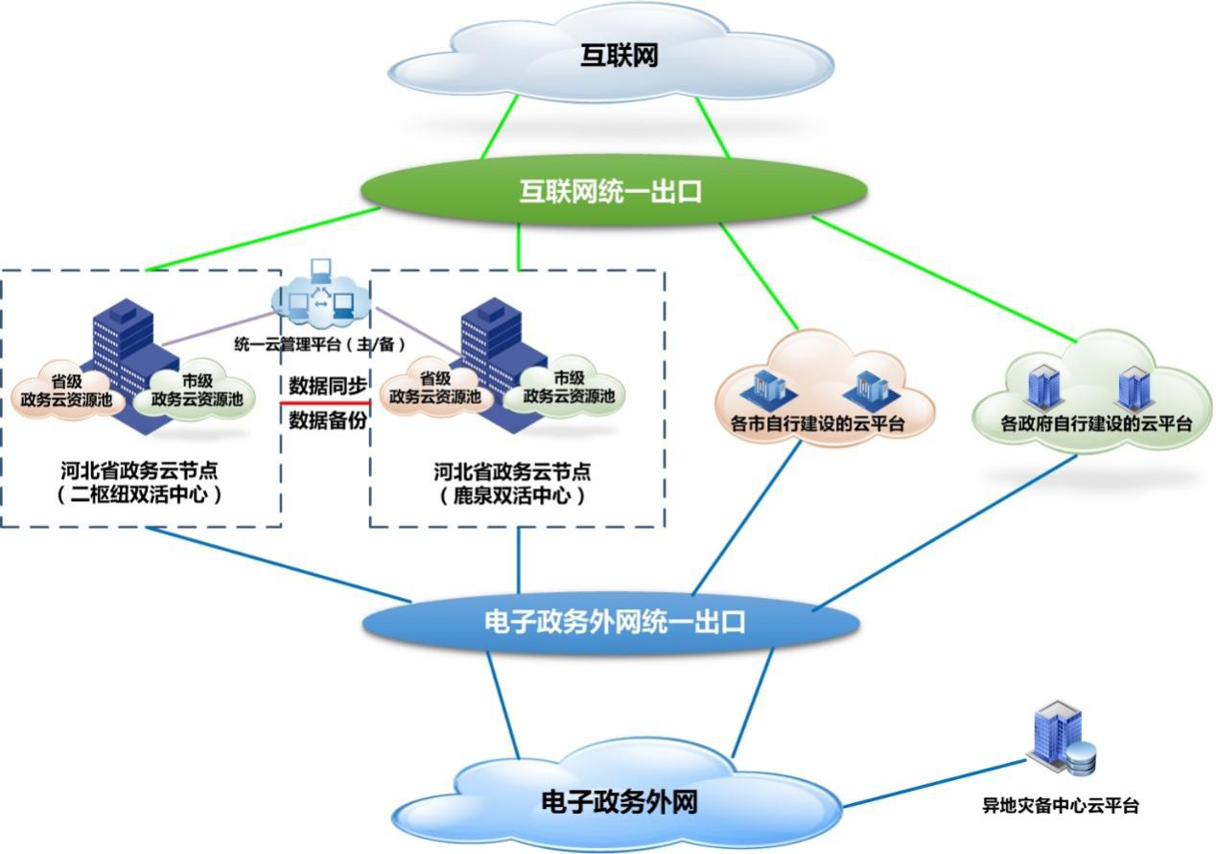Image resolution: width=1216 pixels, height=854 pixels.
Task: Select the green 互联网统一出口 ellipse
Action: point(611,192)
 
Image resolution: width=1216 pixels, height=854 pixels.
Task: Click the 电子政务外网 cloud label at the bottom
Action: point(618,801)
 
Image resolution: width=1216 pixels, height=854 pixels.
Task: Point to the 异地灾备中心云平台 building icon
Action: point(1059,741)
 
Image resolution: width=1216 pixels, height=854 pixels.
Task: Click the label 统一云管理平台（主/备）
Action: point(320,343)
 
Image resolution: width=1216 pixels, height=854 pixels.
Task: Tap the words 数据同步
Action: point(327,386)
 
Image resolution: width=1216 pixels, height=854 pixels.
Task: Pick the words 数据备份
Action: point(327,419)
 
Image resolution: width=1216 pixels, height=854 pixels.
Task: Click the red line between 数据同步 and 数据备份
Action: point(325,403)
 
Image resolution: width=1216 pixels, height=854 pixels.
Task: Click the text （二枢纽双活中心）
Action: point(140,496)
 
